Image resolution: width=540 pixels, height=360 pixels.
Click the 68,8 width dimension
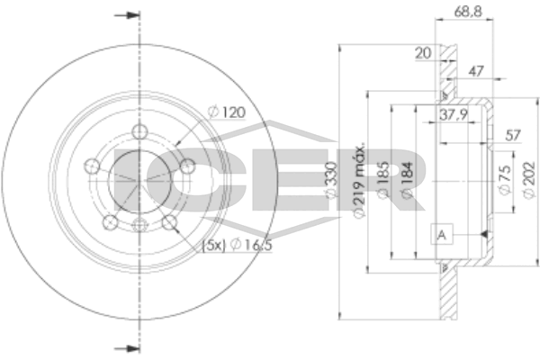pyautogui.click(x=468, y=12)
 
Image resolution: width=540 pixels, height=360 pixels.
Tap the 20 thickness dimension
pyautogui.click(x=423, y=53)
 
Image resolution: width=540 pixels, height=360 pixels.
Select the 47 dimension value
pyautogui.click(x=476, y=71)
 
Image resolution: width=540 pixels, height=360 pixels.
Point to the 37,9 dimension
pyautogui.click(x=454, y=114)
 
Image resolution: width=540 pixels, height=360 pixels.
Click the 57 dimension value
pyautogui.click(x=513, y=135)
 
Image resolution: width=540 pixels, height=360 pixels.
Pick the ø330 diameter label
pyautogui.click(x=331, y=180)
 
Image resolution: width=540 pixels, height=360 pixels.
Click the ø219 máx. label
pyautogui.click(x=359, y=179)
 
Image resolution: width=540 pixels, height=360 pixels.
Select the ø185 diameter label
pyautogui.click(x=383, y=180)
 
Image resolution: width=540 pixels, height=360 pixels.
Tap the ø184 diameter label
pyautogui.click(x=407, y=180)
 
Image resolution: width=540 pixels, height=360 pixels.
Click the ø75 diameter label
pyautogui.click(x=505, y=180)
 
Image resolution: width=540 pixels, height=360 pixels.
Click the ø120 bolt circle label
pyautogui.click(x=227, y=112)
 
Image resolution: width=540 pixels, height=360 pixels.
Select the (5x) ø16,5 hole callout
pyautogui.click(x=238, y=245)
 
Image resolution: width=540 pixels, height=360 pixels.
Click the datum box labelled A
pyautogui.click(x=442, y=234)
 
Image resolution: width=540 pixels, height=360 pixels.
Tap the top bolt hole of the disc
pyautogui.click(x=139, y=132)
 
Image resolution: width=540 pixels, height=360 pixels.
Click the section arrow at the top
pyautogui.click(x=127, y=15)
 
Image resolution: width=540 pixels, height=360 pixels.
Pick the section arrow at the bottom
pyautogui.click(x=127, y=348)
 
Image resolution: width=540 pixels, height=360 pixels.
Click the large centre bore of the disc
pyautogui.click(x=139, y=182)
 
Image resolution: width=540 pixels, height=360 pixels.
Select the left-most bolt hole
pyautogui.click(x=92, y=166)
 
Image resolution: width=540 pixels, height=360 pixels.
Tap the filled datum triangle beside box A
pyautogui.click(x=484, y=234)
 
